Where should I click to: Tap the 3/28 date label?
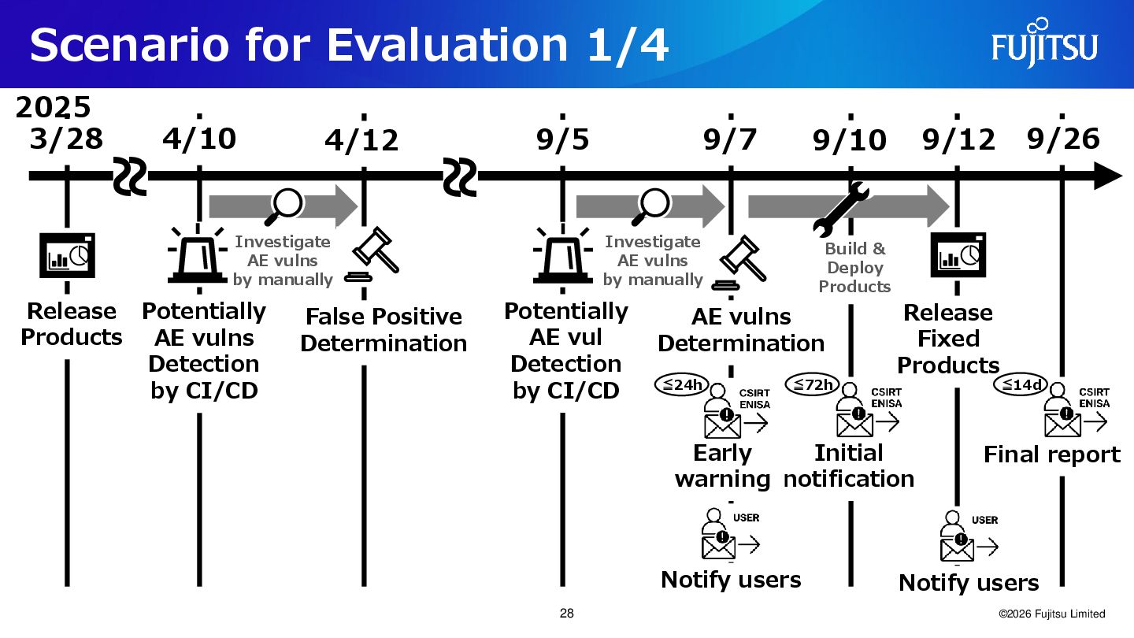pos(66,139)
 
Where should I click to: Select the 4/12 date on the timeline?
pos(362,142)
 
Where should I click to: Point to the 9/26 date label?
pos(1063,139)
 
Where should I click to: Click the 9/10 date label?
pos(850,142)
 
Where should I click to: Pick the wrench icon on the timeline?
pos(840,210)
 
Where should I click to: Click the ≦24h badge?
pos(683,385)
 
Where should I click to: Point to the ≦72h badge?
pos(813,385)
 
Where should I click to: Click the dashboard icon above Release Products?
pos(67,255)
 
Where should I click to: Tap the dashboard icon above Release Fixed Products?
pos(958,255)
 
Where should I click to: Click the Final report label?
pos(1051,454)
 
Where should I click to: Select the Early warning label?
pos(722,466)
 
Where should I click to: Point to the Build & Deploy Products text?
pos(855,268)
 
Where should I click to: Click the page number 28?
pos(566,614)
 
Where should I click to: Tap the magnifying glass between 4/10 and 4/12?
pos(286,205)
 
